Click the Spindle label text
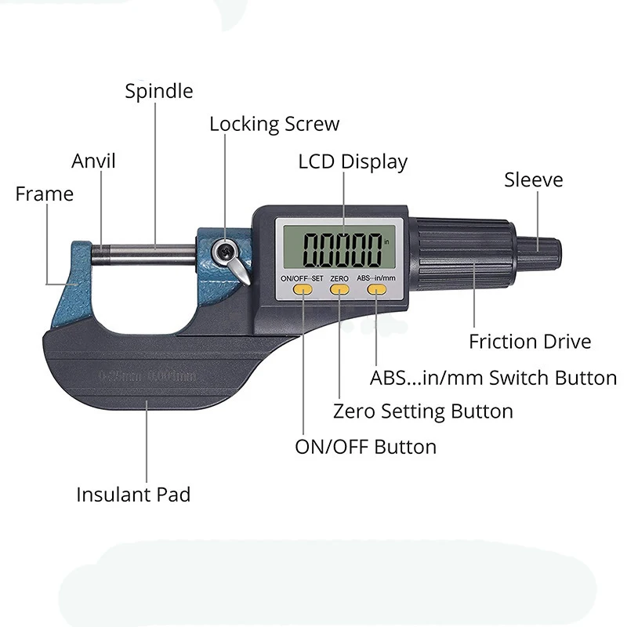159,91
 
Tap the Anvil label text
93,161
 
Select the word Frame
44,194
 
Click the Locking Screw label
274,124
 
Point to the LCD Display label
353,162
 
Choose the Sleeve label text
533,180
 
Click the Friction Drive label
530,342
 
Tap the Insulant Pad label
133,495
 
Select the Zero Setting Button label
423,411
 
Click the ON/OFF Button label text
365,447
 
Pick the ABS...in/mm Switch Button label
493,378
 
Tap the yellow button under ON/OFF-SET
303,290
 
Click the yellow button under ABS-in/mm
377,290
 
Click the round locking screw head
224,252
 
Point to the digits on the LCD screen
342,249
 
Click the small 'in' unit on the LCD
386,241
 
